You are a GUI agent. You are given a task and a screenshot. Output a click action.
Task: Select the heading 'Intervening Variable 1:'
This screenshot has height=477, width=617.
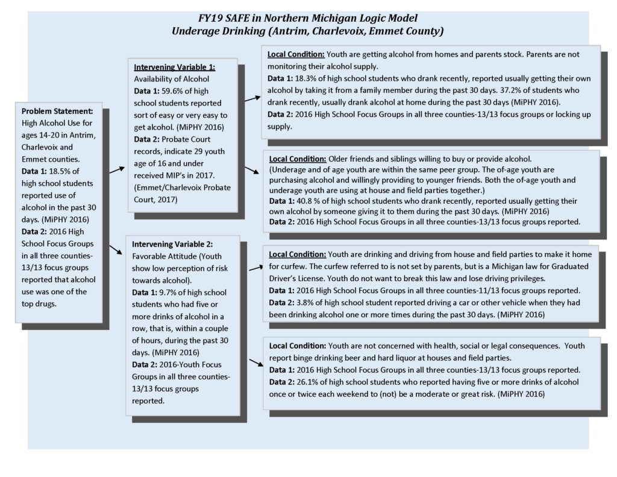click(175, 67)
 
